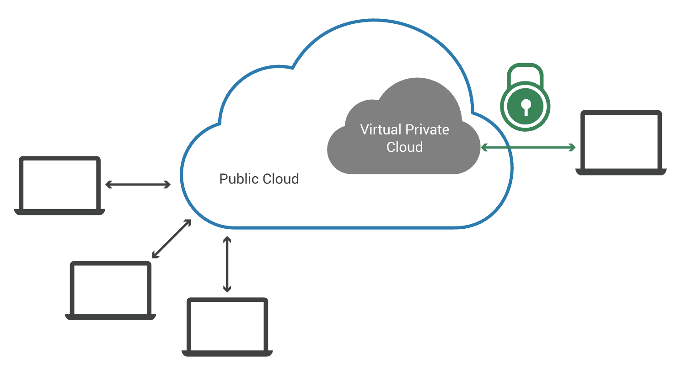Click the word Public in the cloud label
(239, 179)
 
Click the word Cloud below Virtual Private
(404, 147)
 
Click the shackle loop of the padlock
(525, 73)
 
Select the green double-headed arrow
(528, 147)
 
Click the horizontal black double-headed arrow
(138, 184)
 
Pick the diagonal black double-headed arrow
(172, 238)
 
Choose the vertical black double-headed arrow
(227, 264)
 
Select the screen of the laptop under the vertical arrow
(227, 325)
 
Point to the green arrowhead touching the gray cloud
(484, 147)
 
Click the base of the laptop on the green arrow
(621, 172)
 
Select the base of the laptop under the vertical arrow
(227, 353)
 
